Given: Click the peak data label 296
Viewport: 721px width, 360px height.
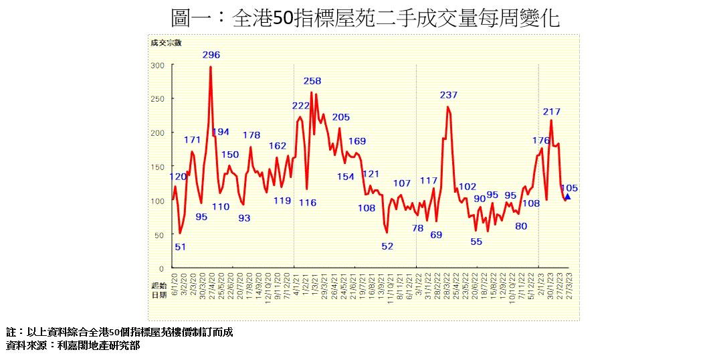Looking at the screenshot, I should tap(211, 55).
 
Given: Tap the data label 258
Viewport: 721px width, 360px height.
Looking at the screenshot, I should tap(312, 81).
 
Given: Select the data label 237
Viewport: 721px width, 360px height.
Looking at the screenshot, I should tap(449, 95).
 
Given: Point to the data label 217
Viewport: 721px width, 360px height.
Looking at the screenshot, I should tap(552, 112).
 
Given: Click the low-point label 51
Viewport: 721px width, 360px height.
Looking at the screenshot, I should tap(181, 246).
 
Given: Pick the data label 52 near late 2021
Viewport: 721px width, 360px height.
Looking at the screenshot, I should tap(388, 246).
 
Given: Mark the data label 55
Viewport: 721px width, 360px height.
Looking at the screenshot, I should tap(476, 242).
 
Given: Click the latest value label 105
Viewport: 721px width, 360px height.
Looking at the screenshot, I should tap(570, 188).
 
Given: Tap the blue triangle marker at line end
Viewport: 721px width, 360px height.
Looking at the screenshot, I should tap(567, 197).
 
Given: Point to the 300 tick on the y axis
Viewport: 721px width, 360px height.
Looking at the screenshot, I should tap(157, 66).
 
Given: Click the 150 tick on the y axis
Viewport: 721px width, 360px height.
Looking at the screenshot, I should tap(157, 167).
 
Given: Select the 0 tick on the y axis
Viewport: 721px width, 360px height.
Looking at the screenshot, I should tap(162, 268).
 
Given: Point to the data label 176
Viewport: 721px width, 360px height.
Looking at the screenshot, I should tap(541, 141).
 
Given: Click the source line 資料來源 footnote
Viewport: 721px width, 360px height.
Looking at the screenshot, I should tap(73, 346).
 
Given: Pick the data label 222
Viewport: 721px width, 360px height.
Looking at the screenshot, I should tap(301, 106).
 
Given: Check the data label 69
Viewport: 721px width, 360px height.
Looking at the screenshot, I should tap(436, 235).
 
